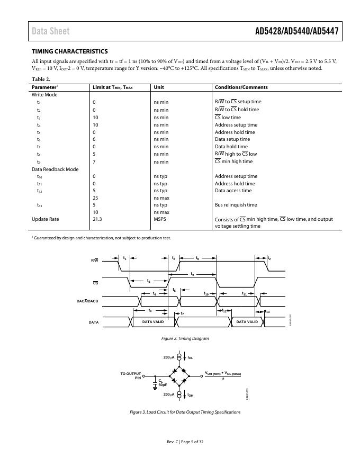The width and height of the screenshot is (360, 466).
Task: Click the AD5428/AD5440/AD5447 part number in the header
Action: click(x=296, y=31)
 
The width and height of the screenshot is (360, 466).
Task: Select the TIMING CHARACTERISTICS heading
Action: click(x=70, y=51)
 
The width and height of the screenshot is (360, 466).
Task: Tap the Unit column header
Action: click(x=159, y=87)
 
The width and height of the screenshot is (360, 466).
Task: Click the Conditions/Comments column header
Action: click(x=241, y=87)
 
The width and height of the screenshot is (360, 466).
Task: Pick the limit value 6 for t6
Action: click(x=94, y=139)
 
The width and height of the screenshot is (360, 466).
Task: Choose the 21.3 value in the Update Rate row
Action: click(x=97, y=219)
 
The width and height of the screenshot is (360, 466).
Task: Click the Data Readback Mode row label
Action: click(x=55, y=169)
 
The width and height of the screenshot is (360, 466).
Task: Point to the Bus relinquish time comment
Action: click(x=236, y=205)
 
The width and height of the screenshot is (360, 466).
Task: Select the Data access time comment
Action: click(x=233, y=191)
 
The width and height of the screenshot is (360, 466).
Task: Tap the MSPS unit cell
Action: click(x=160, y=219)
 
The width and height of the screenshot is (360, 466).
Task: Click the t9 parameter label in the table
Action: click(x=39, y=162)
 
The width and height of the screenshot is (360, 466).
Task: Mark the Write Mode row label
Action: click(x=44, y=95)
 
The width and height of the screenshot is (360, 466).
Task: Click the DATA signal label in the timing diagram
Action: click(x=93, y=322)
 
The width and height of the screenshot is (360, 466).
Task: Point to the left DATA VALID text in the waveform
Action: click(x=153, y=321)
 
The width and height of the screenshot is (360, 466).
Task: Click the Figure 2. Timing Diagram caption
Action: click(x=185, y=338)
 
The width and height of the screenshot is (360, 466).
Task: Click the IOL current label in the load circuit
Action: click(x=190, y=358)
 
